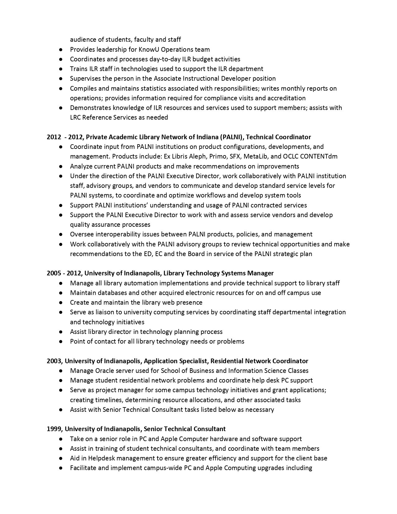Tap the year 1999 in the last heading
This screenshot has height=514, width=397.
[x=54, y=429]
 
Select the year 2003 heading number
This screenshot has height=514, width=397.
[x=54, y=361]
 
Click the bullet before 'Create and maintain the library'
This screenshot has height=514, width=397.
[x=61, y=302]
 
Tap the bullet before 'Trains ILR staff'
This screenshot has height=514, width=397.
[x=61, y=69]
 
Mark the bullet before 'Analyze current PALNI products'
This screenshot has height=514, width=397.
[x=61, y=166]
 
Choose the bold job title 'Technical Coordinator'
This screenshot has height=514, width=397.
[x=278, y=137]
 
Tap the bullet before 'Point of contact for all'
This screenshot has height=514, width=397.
[x=61, y=341]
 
